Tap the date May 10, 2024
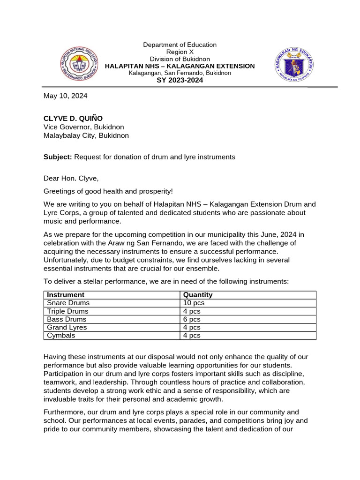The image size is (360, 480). tap(65, 96)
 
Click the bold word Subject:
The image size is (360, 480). tap(58, 157)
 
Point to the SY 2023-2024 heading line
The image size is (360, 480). tap(180, 80)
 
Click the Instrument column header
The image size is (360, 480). tap(66, 295)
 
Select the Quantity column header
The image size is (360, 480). tap(197, 295)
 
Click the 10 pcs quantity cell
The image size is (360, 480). tap(194, 303)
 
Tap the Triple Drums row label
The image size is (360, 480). tap(67, 311)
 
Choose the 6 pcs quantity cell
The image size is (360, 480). tap(192, 319)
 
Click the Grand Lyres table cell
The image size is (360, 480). tap(67, 327)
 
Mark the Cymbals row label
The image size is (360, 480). tap(61, 336)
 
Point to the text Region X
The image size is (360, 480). tap(180, 52)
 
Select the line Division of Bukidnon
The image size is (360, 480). tap(180, 59)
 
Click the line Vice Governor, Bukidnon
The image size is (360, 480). tap(84, 127)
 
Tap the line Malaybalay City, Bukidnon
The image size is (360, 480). tap(86, 135)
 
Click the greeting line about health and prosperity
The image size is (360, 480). tap(108, 191)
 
